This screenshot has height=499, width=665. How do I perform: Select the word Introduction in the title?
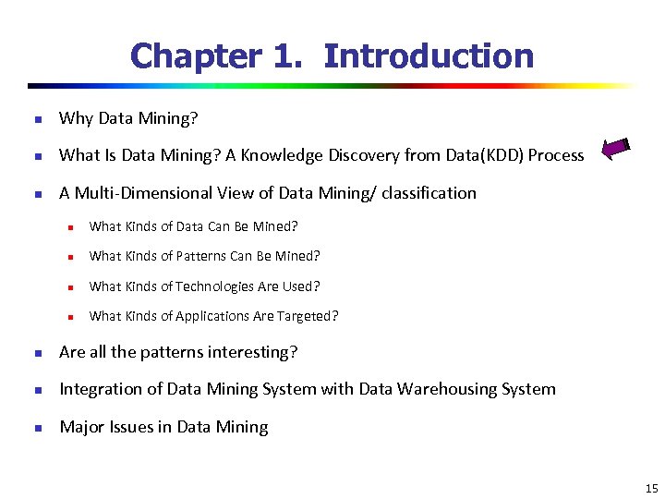[429, 56]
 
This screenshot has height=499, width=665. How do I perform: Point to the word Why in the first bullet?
[74, 118]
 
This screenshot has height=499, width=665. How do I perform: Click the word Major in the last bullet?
[80, 427]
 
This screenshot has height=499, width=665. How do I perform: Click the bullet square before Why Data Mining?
[37, 119]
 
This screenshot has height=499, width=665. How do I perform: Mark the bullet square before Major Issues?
[37, 428]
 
